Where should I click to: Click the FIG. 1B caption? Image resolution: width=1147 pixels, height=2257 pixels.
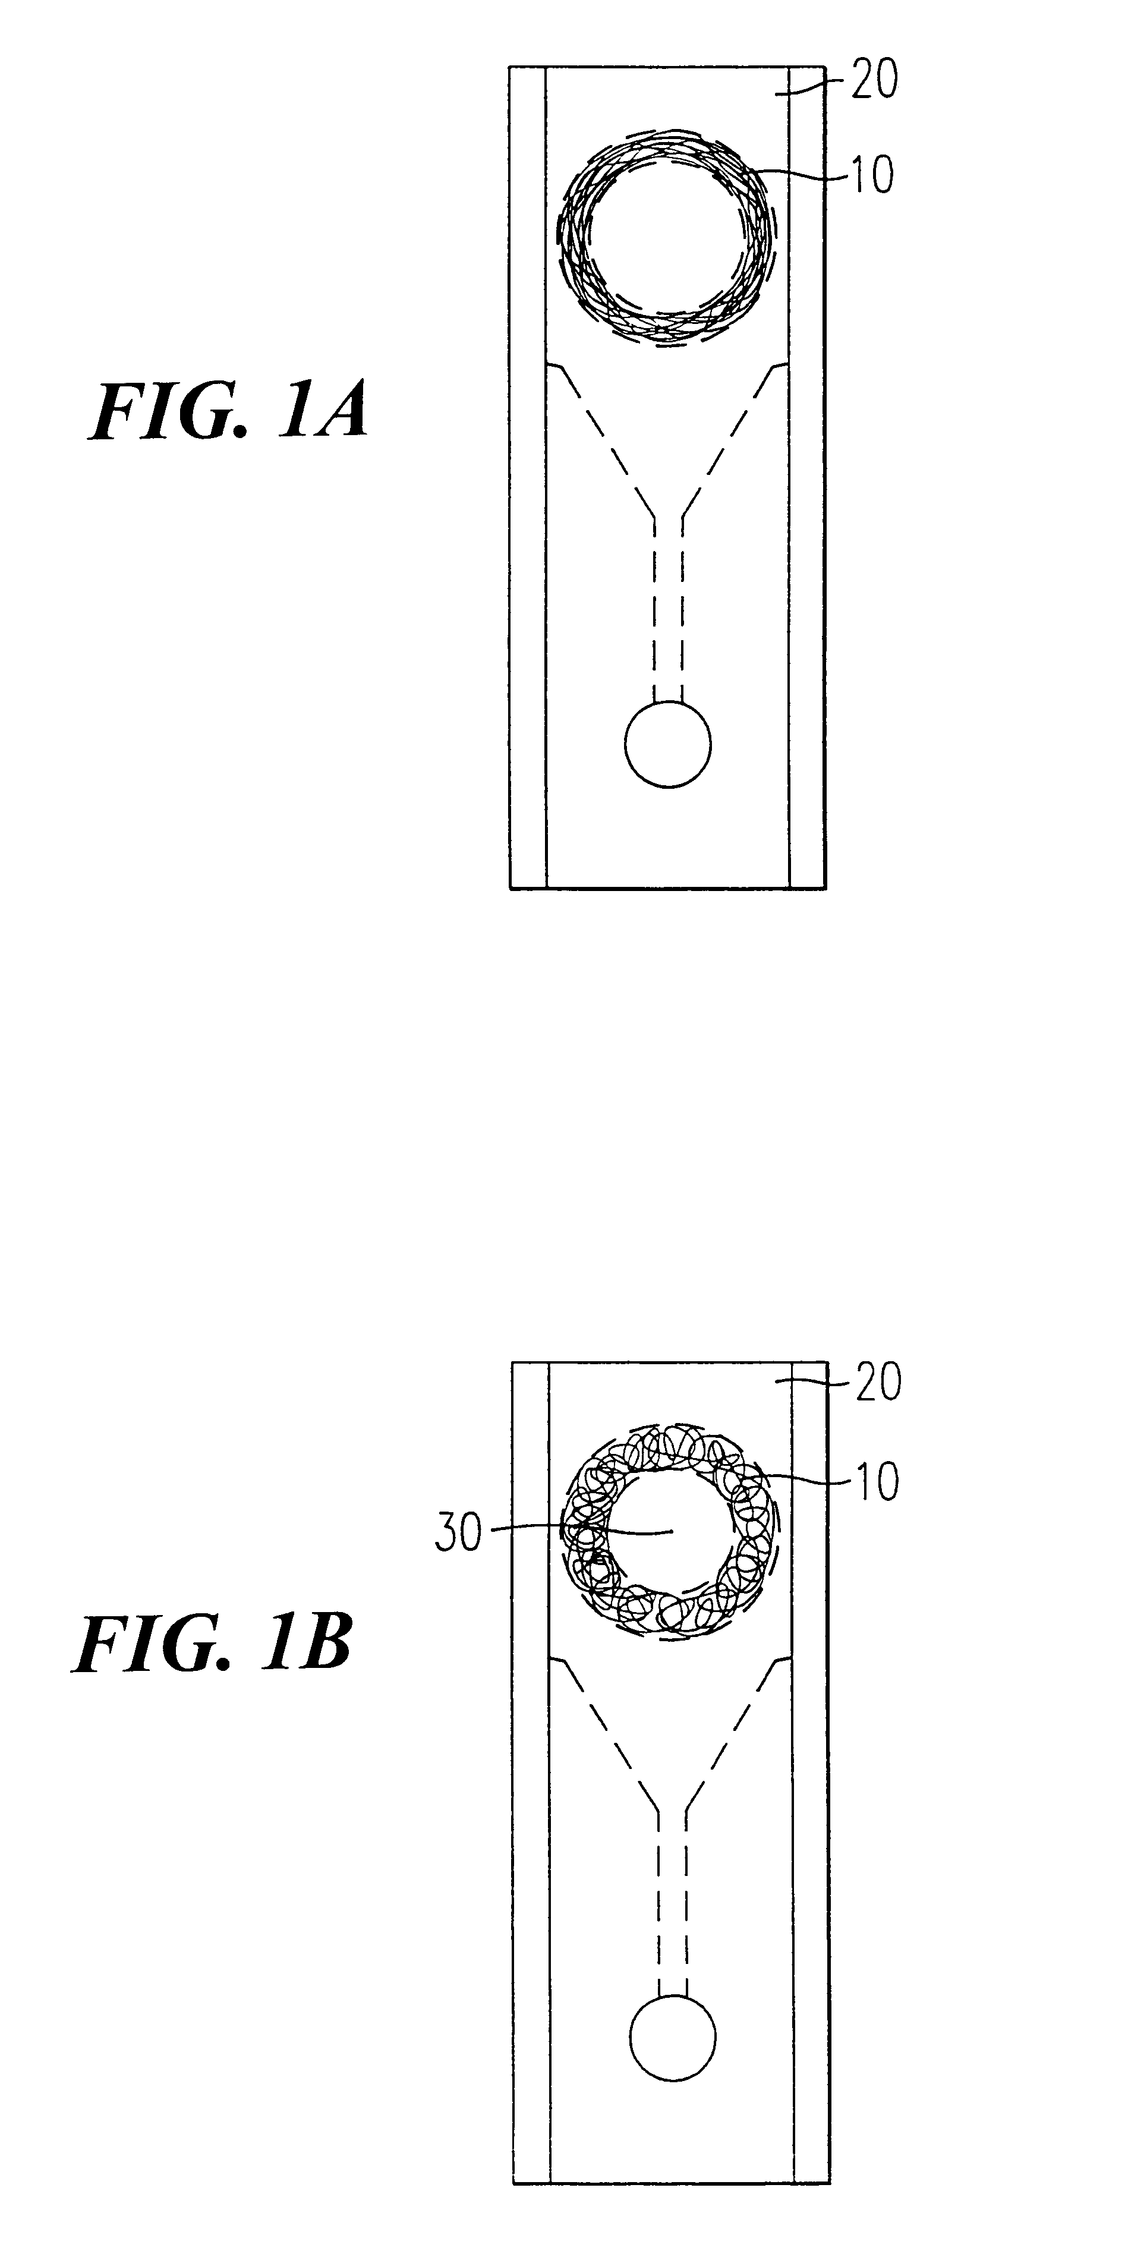213,1645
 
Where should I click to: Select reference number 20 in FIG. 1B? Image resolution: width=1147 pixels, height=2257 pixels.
877,1381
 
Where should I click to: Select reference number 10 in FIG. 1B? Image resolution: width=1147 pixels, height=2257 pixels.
875,1482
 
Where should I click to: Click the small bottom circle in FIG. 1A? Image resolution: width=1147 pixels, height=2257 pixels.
667,745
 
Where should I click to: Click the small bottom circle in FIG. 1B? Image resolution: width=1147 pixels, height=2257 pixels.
672,2037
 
